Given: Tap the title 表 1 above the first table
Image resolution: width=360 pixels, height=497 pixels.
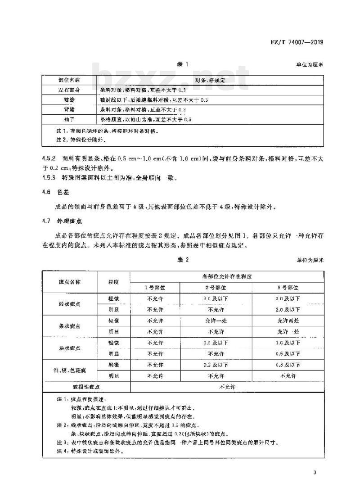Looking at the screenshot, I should point(182,65).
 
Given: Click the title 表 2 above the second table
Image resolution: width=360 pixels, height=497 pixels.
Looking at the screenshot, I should point(182,260).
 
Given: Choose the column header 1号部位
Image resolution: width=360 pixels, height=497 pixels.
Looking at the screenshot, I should point(154,287).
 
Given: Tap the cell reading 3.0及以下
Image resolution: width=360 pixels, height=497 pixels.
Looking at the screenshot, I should point(288,298).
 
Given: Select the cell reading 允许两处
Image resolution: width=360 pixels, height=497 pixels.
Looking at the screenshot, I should point(288,321).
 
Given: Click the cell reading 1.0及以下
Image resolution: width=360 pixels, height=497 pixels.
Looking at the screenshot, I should point(288,343).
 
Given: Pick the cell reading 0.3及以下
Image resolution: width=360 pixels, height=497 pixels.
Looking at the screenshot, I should point(288,365).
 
